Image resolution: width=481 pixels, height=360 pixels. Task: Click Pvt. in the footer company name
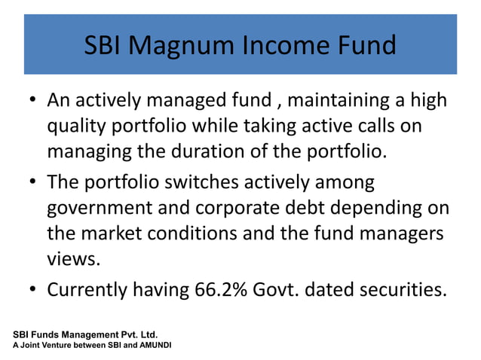click(x=123, y=334)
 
